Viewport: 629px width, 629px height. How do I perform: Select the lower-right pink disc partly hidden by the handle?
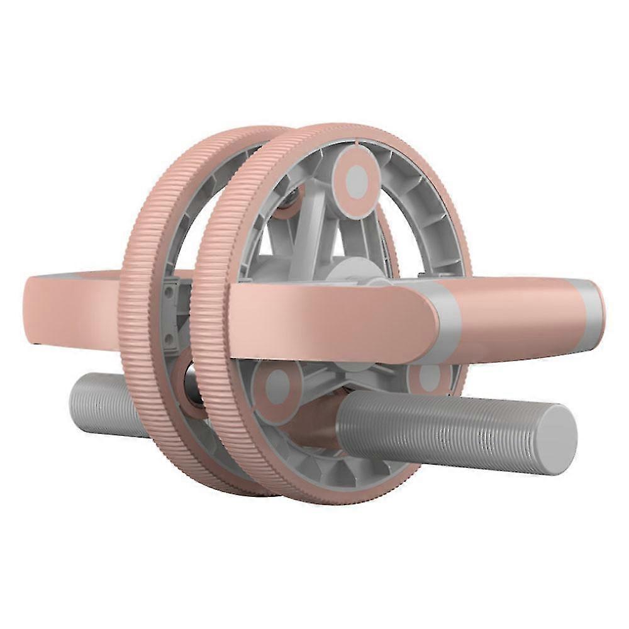429,376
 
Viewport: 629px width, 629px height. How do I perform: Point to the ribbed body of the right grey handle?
440,428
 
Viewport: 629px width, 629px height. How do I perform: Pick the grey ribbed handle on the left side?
101,403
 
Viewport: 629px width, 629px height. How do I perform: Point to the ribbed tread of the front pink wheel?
211,352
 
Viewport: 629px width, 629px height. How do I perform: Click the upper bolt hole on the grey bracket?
169,292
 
